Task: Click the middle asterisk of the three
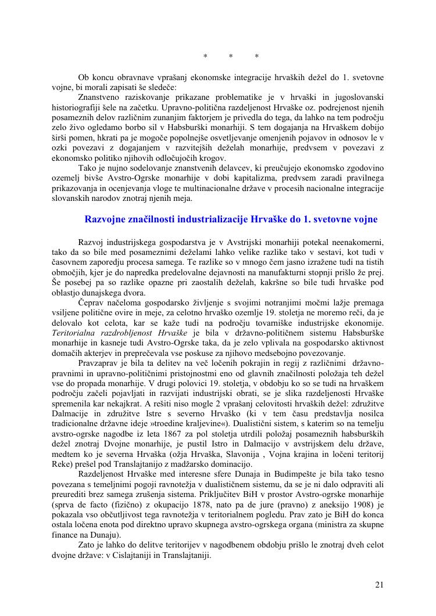pyautogui.click(x=231, y=56)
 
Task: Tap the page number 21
pyautogui.click(x=379, y=585)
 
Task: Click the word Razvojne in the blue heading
pyautogui.click(x=106, y=219)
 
